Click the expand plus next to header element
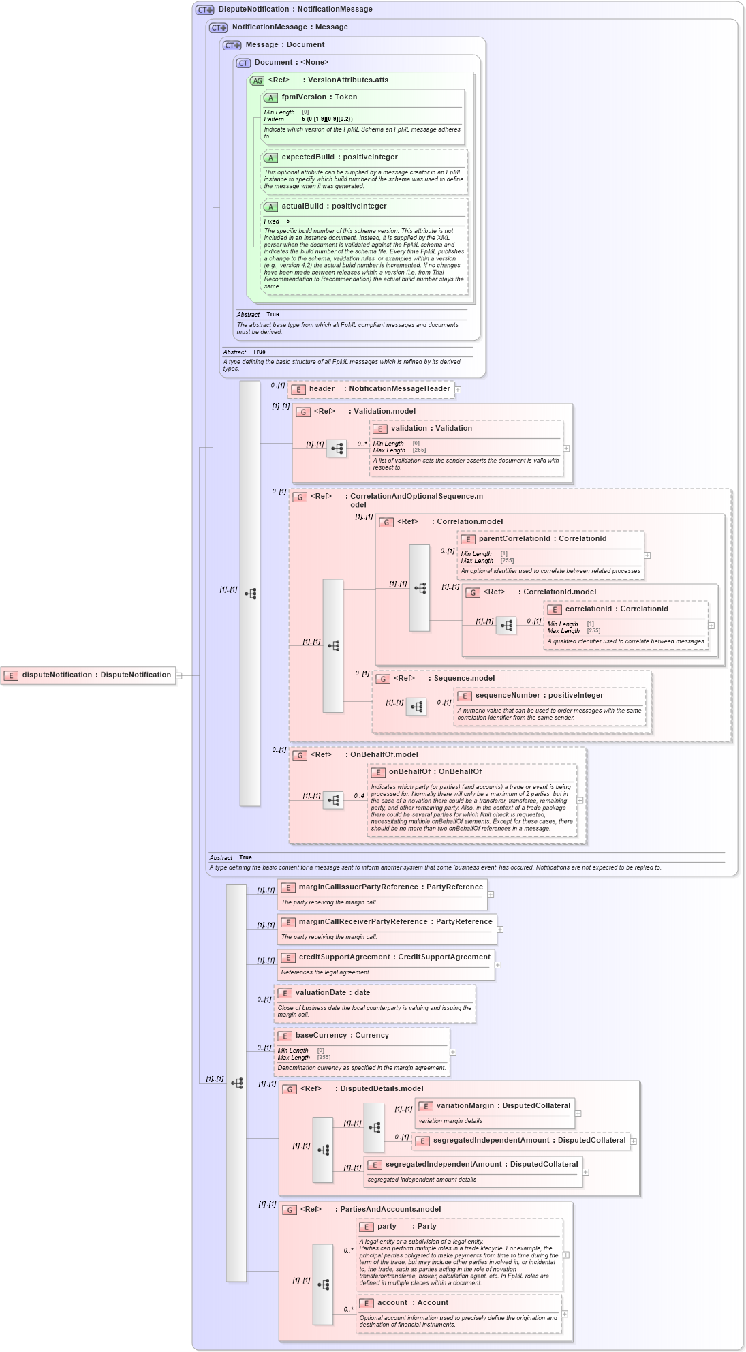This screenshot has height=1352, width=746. pos(458,390)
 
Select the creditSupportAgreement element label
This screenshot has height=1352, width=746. pos(394,957)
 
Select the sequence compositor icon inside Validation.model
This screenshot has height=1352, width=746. pos(337,448)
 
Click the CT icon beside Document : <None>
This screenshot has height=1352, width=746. pos(243,63)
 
